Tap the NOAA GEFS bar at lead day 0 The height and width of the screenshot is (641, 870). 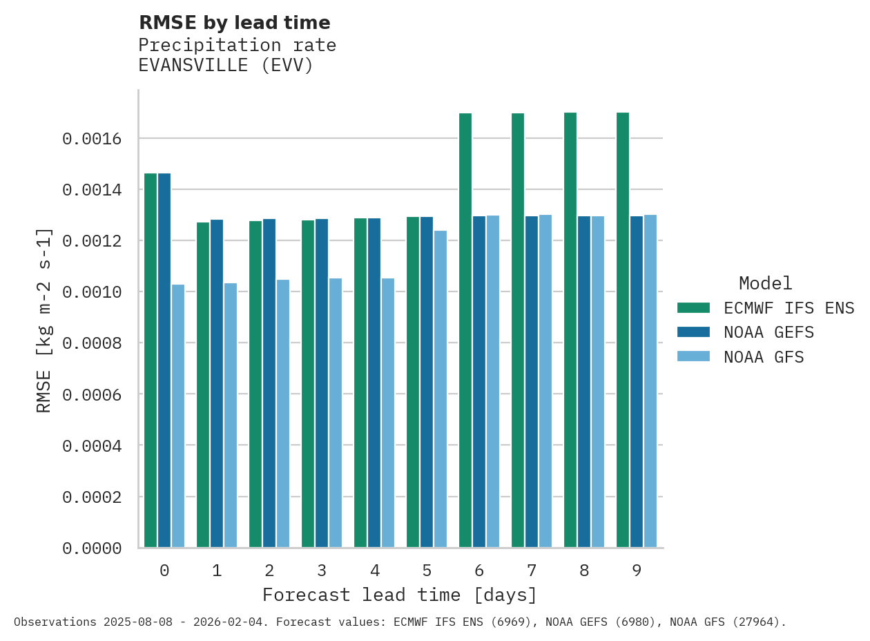coord(164,360)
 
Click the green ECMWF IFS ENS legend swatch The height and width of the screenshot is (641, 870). coord(694,308)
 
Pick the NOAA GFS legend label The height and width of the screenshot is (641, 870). coord(764,358)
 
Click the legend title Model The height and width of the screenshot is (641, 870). coord(765,284)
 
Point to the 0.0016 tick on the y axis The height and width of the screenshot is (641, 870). coord(92,139)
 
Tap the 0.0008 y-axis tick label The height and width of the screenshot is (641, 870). coord(92,343)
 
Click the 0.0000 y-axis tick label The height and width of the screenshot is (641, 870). coord(92,548)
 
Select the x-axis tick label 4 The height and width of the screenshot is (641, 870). coord(374,571)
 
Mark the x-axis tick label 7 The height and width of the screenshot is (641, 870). coord(532,571)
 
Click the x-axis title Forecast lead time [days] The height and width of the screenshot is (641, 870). coord(400,595)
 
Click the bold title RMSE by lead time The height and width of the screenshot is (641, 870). coord(235,23)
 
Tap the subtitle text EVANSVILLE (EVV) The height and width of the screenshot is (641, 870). coord(226,66)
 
